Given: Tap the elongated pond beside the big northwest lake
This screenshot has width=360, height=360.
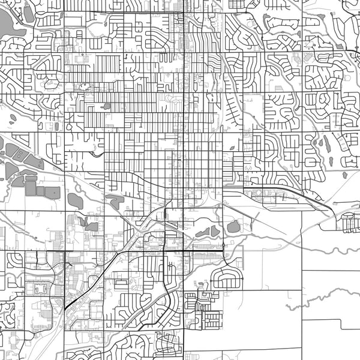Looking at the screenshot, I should pyautogui.click(x=28, y=13).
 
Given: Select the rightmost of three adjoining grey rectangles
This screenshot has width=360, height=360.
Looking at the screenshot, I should pyautogui.click(x=53, y=192).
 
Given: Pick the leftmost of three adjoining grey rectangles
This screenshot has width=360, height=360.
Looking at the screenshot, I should pyautogui.click(x=30, y=188).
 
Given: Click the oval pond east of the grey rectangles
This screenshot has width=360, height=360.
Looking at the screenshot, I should pyautogui.click(x=75, y=200).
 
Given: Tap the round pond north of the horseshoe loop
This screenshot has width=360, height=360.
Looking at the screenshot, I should pyautogui.click(x=233, y=227).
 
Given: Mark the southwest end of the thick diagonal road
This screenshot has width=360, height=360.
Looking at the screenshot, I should pyautogui.click(x=65, y=308).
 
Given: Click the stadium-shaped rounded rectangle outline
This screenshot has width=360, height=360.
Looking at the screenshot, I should pyautogui.click(x=41, y=289).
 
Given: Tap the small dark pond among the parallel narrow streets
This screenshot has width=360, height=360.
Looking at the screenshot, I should pyautogui.click(x=106, y=106).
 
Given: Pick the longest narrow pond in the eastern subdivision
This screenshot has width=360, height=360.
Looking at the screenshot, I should pyautogui.click(x=326, y=143).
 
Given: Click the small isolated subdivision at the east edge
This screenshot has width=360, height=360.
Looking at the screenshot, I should pyautogui.click(x=350, y=223).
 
